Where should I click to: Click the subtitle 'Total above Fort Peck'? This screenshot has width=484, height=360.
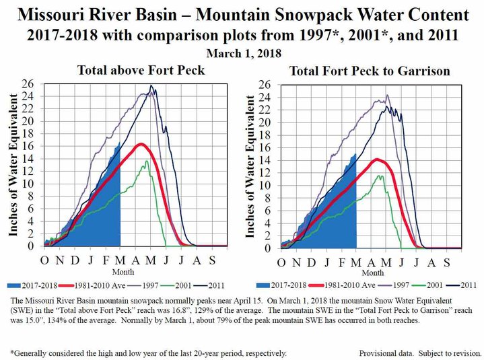click(133, 69)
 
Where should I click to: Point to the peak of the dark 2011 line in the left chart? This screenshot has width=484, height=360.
click(151, 85)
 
